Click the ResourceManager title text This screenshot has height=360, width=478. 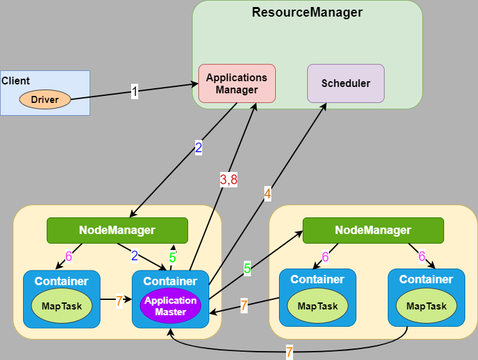coord(307,12)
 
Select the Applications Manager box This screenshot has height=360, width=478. coord(237,83)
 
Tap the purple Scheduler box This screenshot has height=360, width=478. coord(346,83)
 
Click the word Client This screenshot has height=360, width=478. coord(16,81)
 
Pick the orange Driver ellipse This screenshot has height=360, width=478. coord(45,99)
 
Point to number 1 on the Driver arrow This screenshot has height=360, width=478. coord(134,91)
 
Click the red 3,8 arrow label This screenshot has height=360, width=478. coord(228,180)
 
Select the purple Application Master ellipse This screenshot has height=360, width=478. coord(171,306)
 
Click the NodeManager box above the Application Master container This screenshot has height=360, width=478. coord(117,230)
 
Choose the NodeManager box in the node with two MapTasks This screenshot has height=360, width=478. coord(373,230)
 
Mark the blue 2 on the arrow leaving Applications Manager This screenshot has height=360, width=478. coord(198,148)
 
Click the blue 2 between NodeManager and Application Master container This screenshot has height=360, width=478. coord(134,256)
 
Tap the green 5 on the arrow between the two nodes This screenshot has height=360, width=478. coord(247,269)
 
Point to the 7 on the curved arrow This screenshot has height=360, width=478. coord(289,351)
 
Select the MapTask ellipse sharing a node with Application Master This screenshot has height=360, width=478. coord(62,306)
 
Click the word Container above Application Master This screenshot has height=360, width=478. coord(170,281)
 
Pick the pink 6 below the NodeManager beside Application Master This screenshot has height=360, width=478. coord(68,257)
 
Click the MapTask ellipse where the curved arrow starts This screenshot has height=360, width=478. coord(427,306)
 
